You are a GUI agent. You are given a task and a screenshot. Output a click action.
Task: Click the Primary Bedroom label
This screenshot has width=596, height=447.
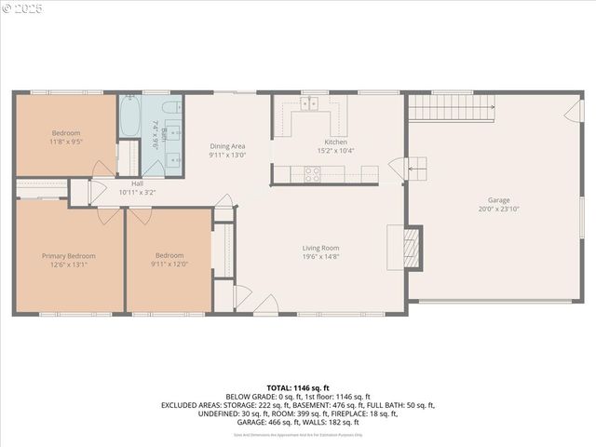tap(68, 255)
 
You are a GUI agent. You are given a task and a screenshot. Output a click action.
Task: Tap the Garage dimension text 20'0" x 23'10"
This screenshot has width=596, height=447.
tap(499, 210)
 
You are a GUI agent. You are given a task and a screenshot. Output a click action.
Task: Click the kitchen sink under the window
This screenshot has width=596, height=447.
tap(308, 103)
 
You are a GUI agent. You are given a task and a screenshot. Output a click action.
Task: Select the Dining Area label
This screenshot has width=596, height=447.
tap(227, 146)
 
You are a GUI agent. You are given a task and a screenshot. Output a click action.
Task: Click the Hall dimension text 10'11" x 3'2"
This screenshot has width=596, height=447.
tap(137, 193)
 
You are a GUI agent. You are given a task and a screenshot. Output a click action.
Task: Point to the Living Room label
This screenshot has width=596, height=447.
tap(320, 248)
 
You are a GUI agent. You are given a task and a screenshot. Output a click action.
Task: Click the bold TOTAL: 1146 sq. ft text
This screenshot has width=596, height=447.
tap(298, 387)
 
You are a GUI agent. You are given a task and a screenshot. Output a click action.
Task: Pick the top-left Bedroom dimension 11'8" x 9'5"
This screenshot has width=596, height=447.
tap(65, 142)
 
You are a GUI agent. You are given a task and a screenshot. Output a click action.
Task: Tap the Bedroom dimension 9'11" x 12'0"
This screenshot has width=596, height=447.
tap(170, 264)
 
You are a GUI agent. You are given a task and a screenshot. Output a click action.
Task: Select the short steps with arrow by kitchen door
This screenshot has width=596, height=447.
tap(416, 169)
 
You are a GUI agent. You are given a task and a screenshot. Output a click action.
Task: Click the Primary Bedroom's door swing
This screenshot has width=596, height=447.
tap(109, 213)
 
